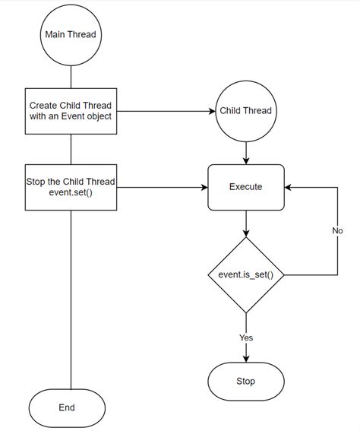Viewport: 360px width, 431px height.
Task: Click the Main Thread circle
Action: (x=71, y=33)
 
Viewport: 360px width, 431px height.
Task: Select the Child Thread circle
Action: (x=246, y=111)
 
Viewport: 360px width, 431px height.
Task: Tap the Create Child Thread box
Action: (x=71, y=111)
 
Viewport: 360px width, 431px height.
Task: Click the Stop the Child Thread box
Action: (x=71, y=186)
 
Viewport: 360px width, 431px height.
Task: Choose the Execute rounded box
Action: (x=246, y=186)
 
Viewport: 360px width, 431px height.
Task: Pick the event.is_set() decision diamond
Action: (x=246, y=274)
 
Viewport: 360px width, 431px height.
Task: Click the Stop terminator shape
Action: (x=246, y=381)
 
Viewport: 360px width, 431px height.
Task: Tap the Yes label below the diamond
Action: (x=246, y=337)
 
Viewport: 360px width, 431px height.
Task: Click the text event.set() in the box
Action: (x=71, y=192)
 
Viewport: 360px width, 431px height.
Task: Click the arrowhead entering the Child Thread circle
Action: (x=212, y=111)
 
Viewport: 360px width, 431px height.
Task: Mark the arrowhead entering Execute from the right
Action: (x=289, y=186)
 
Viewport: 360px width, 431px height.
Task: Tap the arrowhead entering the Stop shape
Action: (x=246, y=358)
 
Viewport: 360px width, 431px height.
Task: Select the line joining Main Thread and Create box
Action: (x=71, y=76)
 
